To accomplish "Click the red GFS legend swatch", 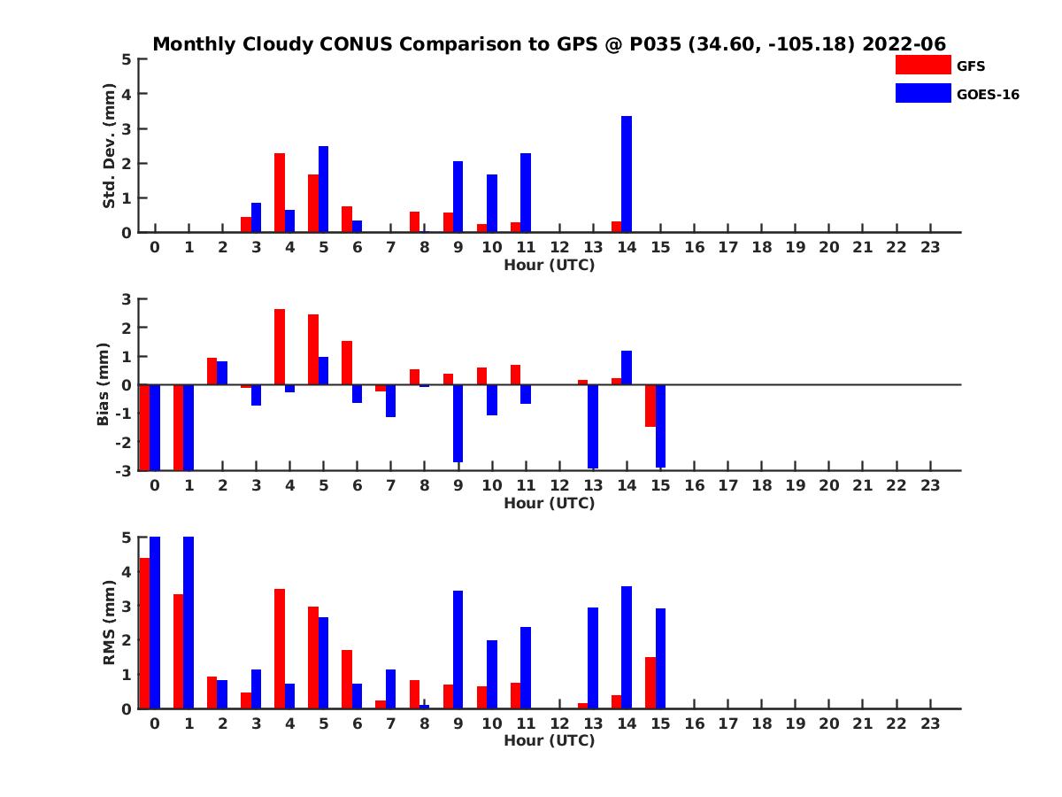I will pos(922,65).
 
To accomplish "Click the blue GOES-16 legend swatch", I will pos(922,93).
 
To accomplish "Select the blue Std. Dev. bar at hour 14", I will pos(627,174).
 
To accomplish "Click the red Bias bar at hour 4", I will pos(280,347).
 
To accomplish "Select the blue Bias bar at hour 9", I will pos(458,423).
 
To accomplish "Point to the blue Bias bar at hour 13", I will pos(593,426).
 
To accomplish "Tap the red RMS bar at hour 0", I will pos(144,633).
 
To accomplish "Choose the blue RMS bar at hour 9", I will pos(458,649).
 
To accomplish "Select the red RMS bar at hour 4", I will pos(280,648).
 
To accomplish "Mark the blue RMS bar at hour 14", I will pos(627,647).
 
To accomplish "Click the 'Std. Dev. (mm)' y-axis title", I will pos(110,146).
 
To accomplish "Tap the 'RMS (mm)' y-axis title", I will pos(110,623).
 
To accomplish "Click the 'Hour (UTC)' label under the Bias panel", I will pos(549,503).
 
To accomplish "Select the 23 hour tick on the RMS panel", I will pos(929,723).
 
